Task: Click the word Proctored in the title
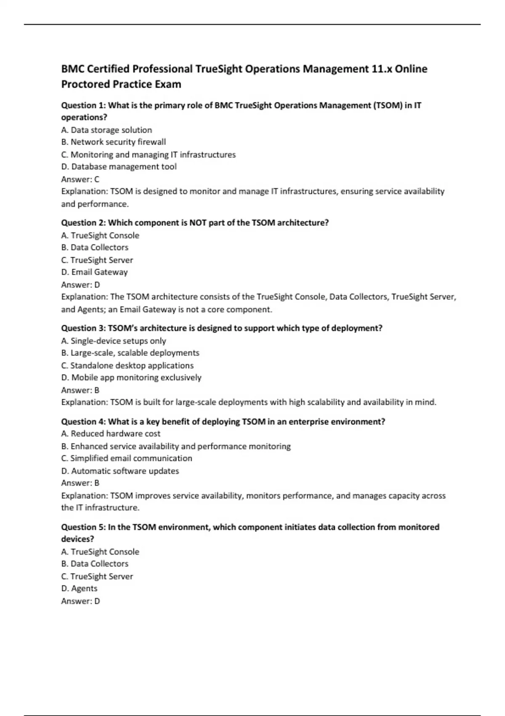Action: click(x=85, y=84)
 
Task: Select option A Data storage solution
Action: click(x=106, y=130)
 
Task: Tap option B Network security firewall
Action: click(x=114, y=142)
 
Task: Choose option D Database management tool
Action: click(x=119, y=167)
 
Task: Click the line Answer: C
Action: click(x=80, y=179)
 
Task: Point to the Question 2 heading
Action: click(x=83, y=223)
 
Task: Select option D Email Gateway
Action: click(x=94, y=272)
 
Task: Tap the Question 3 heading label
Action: click(x=83, y=328)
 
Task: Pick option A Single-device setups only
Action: click(x=114, y=341)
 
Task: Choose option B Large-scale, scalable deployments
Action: click(x=130, y=353)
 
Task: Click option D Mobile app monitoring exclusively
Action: click(x=131, y=378)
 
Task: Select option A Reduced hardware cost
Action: click(x=111, y=434)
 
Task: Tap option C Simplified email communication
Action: click(x=127, y=458)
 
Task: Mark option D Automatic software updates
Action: click(x=120, y=471)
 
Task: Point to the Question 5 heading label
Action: click(x=83, y=527)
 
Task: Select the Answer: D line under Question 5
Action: click(x=80, y=601)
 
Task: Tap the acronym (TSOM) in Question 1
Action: click(x=387, y=106)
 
